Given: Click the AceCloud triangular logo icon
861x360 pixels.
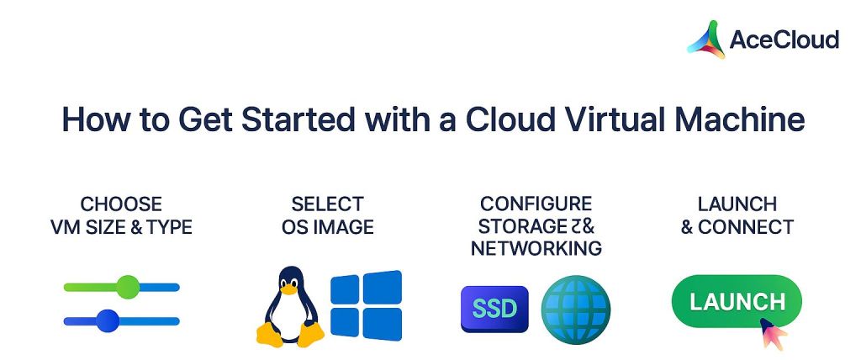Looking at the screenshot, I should pos(705,40).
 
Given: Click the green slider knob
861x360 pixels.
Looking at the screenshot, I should pos(127,287).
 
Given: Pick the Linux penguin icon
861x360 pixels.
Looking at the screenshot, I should pos(290,307).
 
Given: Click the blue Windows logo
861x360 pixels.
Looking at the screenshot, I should pos(366,304).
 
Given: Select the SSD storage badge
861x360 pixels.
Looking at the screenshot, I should pos(494,309).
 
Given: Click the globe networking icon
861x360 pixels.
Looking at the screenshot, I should pos(575,309).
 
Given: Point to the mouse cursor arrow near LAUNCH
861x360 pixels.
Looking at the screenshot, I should pos(773,333).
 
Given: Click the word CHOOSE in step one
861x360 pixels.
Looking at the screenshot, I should pos(121,204).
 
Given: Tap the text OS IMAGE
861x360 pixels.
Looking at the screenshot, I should pos(328,226).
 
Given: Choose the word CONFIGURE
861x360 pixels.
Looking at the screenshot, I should pos(536,204).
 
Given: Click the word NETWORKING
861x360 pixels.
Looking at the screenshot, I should pos(536,248).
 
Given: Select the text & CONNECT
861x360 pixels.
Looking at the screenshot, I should pos(737,226).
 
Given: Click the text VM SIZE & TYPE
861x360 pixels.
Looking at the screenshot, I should pos(121,226).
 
